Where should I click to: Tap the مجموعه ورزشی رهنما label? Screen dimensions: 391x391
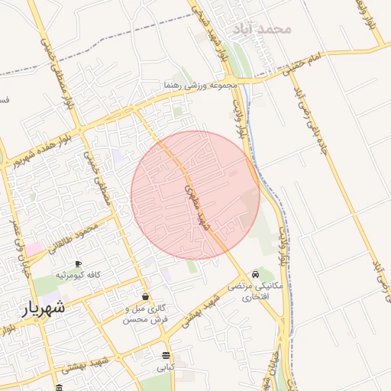pyautogui.click(x=201, y=86)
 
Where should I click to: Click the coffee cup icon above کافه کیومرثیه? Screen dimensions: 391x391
pyautogui.click(x=78, y=263)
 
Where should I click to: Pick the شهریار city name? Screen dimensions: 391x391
pyautogui.click(x=44, y=308)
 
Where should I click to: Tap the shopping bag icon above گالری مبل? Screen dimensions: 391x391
pyautogui.click(x=145, y=296)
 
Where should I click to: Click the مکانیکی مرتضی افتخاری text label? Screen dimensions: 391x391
pyautogui.click(x=254, y=292)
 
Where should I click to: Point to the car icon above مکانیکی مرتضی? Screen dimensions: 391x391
pyautogui.click(x=255, y=274)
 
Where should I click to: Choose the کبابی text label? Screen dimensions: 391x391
pyautogui.click(x=166, y=367)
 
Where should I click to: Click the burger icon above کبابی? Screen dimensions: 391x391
pyautogui.click(x=166, y=355)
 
